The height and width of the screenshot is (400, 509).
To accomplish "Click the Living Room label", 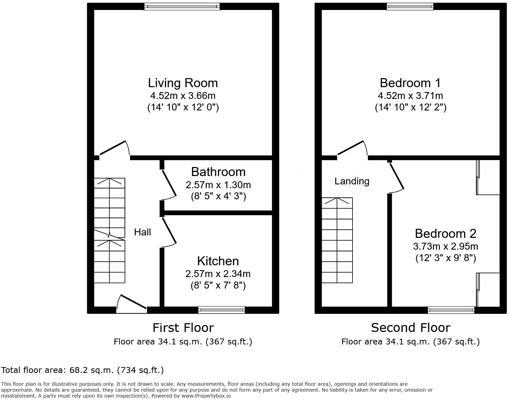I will [x=183, y=83].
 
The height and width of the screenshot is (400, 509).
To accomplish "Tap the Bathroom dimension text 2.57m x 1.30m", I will [x=218, y=185].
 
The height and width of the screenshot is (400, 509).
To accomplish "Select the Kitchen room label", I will [x=218, y=261].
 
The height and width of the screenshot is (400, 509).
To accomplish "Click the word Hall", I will [x=143, y=232].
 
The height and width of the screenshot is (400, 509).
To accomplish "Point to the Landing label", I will [x=352, y=181].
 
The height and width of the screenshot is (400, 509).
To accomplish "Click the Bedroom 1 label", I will [x=410, y=83].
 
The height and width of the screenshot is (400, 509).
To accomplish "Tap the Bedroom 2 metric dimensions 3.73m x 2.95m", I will [x=445, y=247].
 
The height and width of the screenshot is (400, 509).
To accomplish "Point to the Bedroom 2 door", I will [x=396, y=177].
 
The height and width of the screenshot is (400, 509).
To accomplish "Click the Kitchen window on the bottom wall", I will [x=221, y=310].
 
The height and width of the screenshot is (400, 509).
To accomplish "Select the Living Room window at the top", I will [x=182, y=7].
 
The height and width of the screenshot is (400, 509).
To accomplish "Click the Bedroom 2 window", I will [x=451, y=310].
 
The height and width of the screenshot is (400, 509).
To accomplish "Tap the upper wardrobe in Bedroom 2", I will [x=488, y=177].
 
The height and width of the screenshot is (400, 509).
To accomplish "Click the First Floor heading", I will [x=183, y=328].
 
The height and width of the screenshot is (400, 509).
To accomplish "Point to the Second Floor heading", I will [x=410, y=328].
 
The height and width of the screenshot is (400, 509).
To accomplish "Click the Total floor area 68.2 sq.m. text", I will [x=82, y=370].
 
